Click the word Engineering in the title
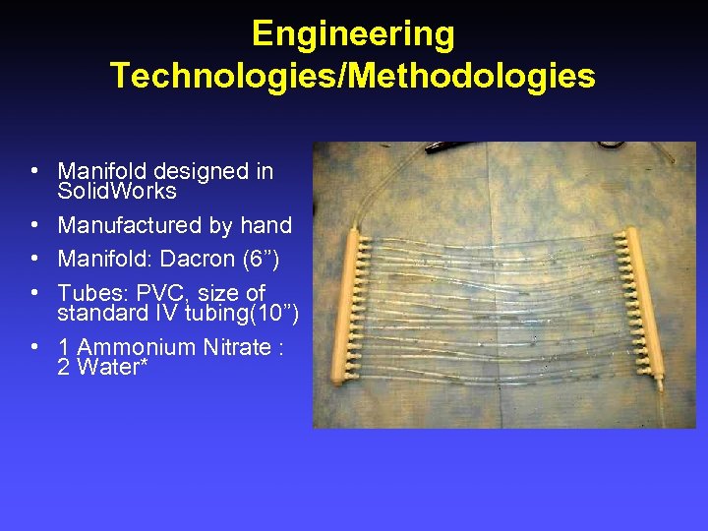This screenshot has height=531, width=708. coord(353,34)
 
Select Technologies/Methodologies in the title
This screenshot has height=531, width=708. coord(353,76)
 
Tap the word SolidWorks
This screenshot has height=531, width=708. coord(117,191)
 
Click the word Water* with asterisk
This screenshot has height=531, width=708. coord(103,368)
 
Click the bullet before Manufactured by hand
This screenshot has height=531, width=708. coord(35,225)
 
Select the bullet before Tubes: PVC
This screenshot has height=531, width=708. coord(35,294)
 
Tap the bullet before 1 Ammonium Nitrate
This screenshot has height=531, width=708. coord(35,348)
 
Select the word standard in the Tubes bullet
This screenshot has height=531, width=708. coord(103,314)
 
